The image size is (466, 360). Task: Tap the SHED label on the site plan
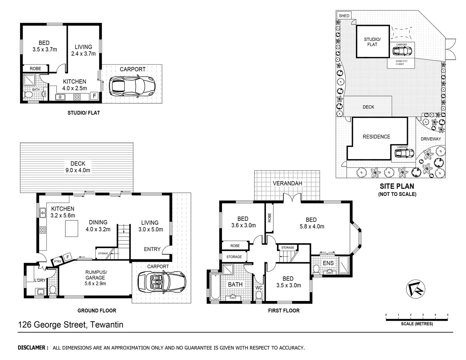[x=344, y=16]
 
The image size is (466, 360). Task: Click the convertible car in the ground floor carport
[x=161, y=281]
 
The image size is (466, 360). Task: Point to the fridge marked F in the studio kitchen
[x=94, y=96]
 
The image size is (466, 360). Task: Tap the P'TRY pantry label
[x=57, y=262]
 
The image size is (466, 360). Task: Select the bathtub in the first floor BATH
[x=214, y=286]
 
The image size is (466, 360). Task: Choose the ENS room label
[x=328, y=263]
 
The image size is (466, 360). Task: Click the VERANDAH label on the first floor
[x=287, y=183]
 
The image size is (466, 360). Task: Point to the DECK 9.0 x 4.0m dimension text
[x=78, y=167]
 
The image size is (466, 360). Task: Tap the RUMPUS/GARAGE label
[x=95, y=277]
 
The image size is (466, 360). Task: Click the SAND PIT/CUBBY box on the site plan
[x=400, y=63]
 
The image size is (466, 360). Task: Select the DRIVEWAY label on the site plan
[x=431, y=139]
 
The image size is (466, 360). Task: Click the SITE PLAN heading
[x=397, y=186]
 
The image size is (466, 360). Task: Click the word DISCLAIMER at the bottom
[x=33, y=348]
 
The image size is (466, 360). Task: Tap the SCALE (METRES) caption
[x=417, y=324]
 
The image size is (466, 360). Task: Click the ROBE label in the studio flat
[x=35, y=69]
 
